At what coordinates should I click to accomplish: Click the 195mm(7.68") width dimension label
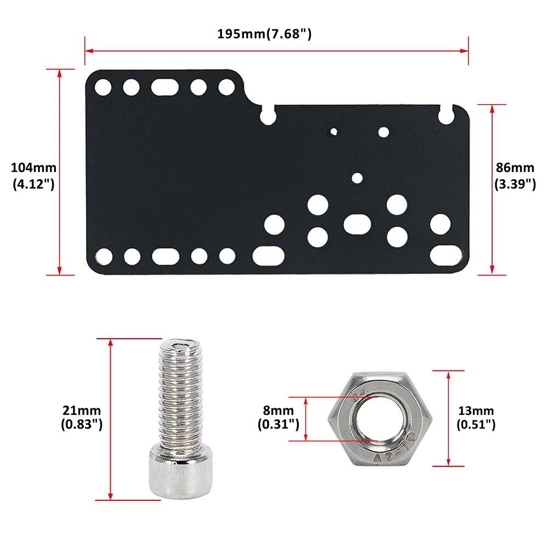[264, 34]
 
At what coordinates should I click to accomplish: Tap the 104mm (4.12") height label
[33, 175]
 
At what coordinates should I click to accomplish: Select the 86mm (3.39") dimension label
[515, 175]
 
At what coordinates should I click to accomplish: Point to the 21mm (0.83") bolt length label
[82, 417]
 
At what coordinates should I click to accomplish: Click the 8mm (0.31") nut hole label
[278, 417]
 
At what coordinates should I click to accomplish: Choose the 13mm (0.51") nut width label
[476, 417]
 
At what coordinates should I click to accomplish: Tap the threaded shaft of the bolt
[181, 395]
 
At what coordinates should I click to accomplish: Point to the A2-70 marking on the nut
[394, 450]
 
